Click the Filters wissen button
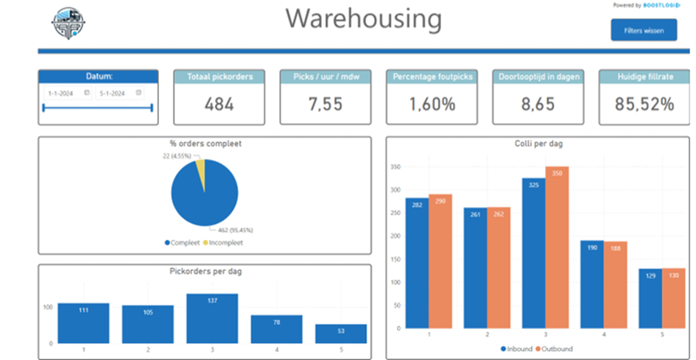click(x=643, y=30)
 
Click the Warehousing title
click(x=364, y=19)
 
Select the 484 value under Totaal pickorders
click(x=218, y=105)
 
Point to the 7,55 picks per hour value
click(x=324, y=105)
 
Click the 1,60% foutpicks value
click(x=432, y=105)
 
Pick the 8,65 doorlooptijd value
click(x=538, y=105)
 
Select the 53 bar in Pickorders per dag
click(x=340, y=333)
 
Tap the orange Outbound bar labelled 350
click(x=557, y=247)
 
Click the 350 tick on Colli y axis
click(x=396, y=167)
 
